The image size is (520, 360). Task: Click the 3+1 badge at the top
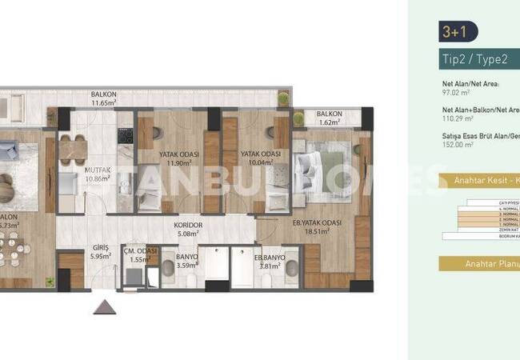454,31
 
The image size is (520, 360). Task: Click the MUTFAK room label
98,170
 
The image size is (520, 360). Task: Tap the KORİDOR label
189,226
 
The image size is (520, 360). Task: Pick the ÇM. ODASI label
141,250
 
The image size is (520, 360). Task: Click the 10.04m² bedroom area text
259,163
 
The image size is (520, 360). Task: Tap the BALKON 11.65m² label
104,98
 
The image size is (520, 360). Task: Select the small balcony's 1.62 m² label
329,124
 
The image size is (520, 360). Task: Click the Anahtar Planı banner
490,263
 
